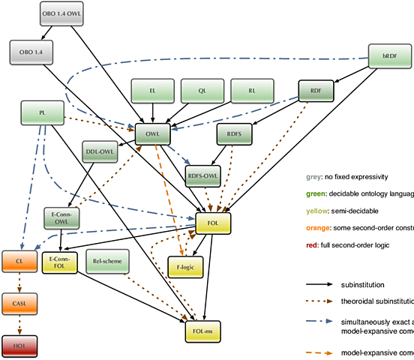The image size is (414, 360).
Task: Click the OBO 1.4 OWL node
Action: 61,14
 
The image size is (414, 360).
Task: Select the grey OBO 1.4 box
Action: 31,52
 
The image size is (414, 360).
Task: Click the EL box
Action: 152,91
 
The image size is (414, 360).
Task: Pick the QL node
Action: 202,91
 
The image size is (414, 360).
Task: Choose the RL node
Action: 252,91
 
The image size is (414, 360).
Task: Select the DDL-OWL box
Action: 100,151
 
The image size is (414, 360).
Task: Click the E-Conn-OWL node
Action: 61,217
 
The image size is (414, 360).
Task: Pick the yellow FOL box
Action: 213,223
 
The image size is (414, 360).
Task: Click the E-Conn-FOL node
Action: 60,262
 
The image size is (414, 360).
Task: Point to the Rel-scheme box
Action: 108,262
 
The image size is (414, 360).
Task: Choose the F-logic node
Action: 184,266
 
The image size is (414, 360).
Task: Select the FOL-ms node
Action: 203,330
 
